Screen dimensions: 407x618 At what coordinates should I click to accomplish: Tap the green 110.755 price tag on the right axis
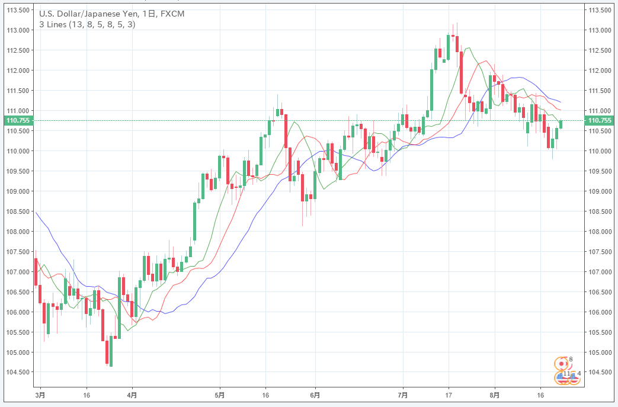(x=598, y=121)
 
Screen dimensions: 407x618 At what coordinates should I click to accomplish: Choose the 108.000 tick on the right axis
(x=598, y=232)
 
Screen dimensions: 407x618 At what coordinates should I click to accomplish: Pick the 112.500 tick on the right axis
(x=598, y=50)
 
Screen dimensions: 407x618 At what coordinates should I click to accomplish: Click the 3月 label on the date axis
(x=40, y=394)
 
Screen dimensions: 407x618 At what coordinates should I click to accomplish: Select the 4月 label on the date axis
(x=132, y=394)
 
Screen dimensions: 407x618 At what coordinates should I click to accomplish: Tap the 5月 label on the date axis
(x=220, y=394)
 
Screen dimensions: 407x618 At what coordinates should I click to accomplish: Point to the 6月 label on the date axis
(x=315, y=394)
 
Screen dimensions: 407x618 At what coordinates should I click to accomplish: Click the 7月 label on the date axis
(x=403, y=394)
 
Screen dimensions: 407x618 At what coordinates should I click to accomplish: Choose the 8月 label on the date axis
(x=495, y=394)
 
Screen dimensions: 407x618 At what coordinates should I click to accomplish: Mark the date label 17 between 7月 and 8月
(x=449, y=394)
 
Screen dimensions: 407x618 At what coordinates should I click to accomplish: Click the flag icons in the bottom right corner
(x=565, y=370)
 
